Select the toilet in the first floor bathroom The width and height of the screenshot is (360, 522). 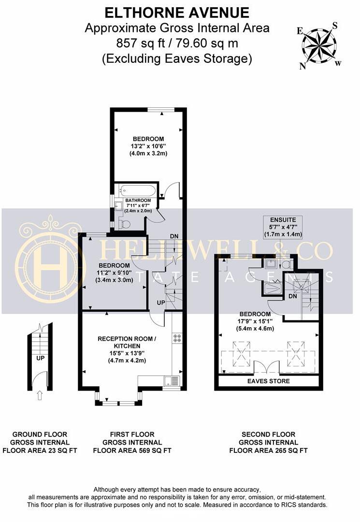point(125,224)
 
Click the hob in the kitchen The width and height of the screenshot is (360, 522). point(176,338)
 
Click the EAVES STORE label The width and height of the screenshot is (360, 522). point(269,381)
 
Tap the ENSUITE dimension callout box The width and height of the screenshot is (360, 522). point(283,227)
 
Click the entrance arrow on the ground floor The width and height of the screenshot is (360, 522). point(40,396)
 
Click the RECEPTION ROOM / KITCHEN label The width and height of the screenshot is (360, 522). point(127,343)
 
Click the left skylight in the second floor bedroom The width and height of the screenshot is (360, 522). point(240,354)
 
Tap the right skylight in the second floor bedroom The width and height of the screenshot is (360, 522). point(296,353)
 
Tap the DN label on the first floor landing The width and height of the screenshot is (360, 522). point(174,236)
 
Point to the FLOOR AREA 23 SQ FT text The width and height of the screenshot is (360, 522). point(40,450)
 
